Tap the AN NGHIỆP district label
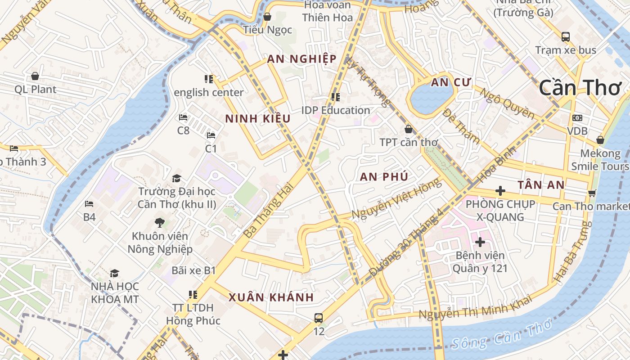click(x=301, y=59)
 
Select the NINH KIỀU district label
click(x=257, y=119)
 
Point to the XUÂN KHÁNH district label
click(x=271, y=297)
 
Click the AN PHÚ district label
click(x=384, y=177)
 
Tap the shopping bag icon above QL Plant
click(x=35, y=76)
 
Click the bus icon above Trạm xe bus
click(x=565, y=36)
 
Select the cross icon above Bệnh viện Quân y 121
click(x=480, y=242)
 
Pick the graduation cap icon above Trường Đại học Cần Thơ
click(x=176, y=178)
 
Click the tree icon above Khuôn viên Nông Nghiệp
click(x=159, y=222)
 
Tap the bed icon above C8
click(x=183, y=117)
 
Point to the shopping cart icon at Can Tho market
click(x=592, y=193)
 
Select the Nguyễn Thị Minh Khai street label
click(x=475, y=310)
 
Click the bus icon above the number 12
click(x=318, y=318)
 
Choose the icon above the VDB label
click(x=577, y=118)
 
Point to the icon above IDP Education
click(x=335, y=97)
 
